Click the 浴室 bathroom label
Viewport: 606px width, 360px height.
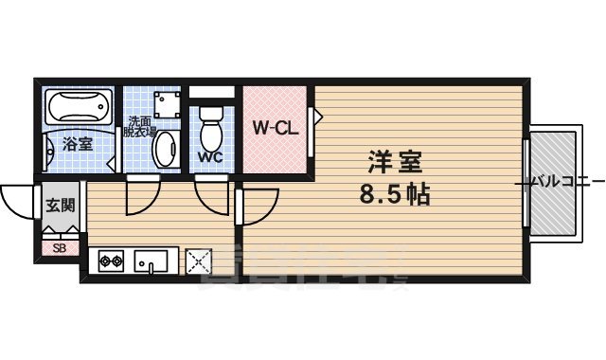[x=78, y=145]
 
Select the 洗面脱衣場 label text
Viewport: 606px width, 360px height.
[x=142, y=127]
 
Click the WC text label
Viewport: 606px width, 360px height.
[x=210, y=156]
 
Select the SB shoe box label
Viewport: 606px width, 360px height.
[x=59, y=248]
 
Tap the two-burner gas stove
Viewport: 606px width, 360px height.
[x=108, y=260]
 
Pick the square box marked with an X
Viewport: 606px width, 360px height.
[x=199, y=260]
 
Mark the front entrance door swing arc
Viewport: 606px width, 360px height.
[x=17, y=201]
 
